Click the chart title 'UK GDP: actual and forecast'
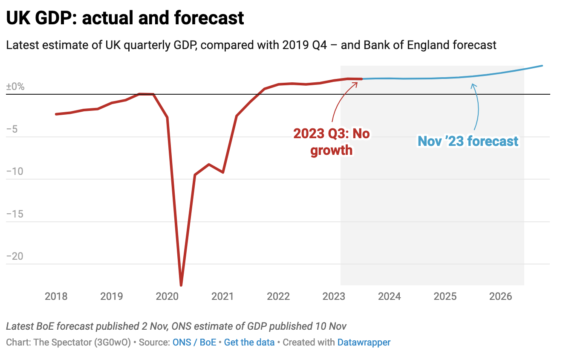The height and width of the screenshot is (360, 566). pyautogui.click(x=125, y=18)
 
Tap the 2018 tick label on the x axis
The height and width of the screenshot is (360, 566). pyautogui.click(x=56, y=296)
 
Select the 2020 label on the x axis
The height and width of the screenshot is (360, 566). pyautogui.click(x=167, y=296)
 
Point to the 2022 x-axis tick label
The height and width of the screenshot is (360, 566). pyautogui.click(x=278, y=296)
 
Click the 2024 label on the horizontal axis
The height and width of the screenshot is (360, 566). pyautogui.click(x=390, y=296)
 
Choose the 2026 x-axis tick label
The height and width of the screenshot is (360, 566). pyautogui.click(x=501, y=296)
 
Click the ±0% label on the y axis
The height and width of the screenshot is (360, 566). pyautogui.click(x=15, y=87)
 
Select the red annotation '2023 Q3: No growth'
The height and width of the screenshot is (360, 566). pyautogui.click(x=331, y=142)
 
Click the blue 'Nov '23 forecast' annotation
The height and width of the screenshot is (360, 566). pyautogui.click(x=468, y=141)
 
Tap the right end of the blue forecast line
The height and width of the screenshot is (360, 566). pyautogui.click(x=542, y=66)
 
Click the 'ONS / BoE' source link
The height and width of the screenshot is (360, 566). pyautogui.click(x=194, y=342)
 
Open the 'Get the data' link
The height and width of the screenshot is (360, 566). pyautogui.click(x=249, y=342)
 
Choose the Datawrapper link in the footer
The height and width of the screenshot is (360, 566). pyautogui.click(x=364, y=342)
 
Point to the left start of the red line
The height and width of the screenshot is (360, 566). pyautogui.click(x=56, y=114)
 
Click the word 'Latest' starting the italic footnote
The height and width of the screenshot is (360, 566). pyautogui.click(x=20, y=326)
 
